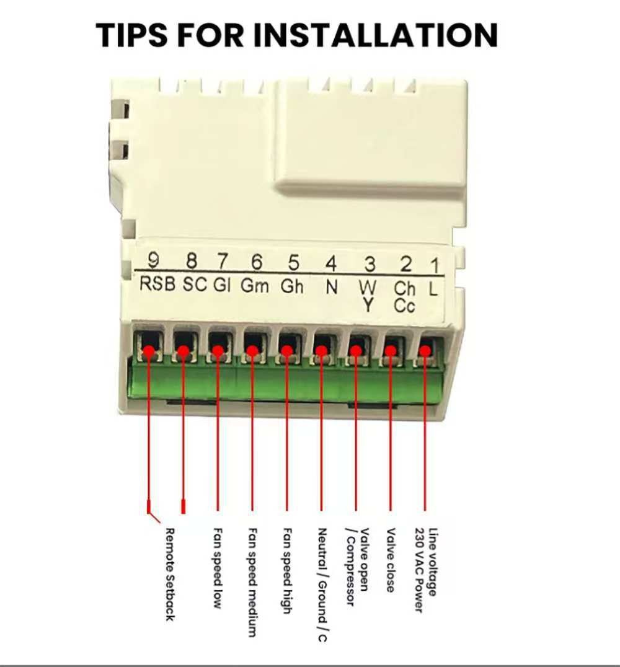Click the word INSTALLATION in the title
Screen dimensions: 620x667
tap(375, 35)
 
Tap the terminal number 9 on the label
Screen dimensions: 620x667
tap(153, 260)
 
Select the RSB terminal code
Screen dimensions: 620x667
tap(157, 284)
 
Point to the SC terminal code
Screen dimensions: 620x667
tap(195, 284)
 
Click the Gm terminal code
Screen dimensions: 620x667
tap(255, 285)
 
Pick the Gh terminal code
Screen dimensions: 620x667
tap(292, 286)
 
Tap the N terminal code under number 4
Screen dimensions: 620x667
tap(332, 288)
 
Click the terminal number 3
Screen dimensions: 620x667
tap(370, 265)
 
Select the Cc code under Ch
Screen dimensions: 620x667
tap(404, 306)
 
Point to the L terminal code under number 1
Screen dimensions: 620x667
tap(433, 289)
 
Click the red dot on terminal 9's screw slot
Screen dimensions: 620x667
tap(149, 351)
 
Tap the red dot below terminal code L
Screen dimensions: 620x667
tap(425, 351)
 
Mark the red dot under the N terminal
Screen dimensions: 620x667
tap(322, 351)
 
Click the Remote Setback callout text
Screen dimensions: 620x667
tap(170, 574)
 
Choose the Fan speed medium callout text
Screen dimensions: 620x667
tap(252, 582)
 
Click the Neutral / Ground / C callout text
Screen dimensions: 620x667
tap(322, 585)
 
